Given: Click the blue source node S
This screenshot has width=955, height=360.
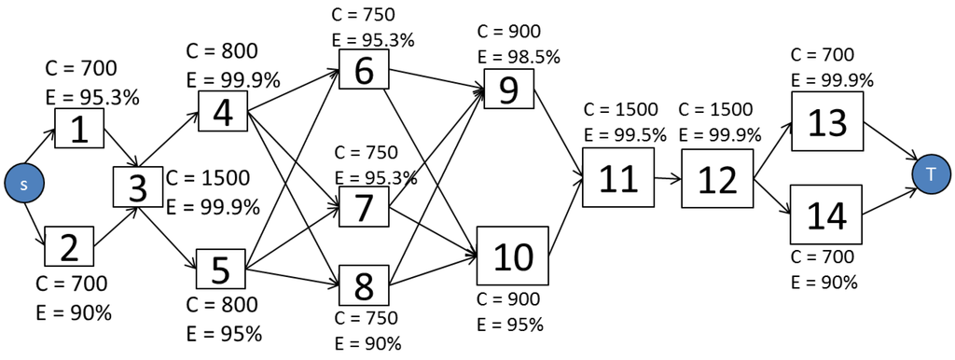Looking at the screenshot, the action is [x=24, y=184].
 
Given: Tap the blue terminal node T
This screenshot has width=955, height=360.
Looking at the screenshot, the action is [x=931, y=174].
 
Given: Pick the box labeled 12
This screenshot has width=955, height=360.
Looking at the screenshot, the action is [x=716, y=177].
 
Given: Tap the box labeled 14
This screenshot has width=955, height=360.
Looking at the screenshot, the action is [x=826, y=215].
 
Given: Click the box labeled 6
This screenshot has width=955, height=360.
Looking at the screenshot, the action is [x=365, y=70].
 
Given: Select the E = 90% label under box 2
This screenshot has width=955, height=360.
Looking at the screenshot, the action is [x=73, y=312].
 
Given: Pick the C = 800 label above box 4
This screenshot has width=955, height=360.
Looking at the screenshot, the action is [x=222, y=51].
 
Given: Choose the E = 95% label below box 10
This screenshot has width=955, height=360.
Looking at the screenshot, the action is [x=509, y=325].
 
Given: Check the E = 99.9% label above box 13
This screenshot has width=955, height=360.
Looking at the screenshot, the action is [x=832, y=80].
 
